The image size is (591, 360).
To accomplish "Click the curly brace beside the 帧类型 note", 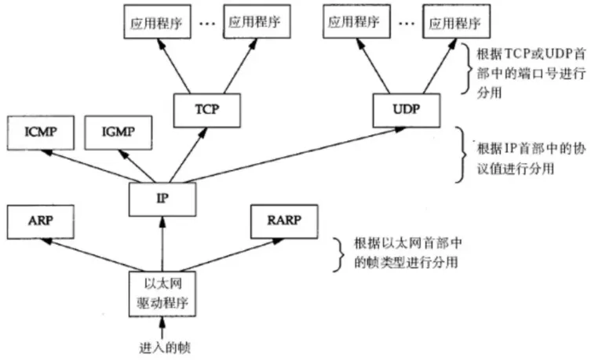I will pyautogui.click(x=337, y=251).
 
